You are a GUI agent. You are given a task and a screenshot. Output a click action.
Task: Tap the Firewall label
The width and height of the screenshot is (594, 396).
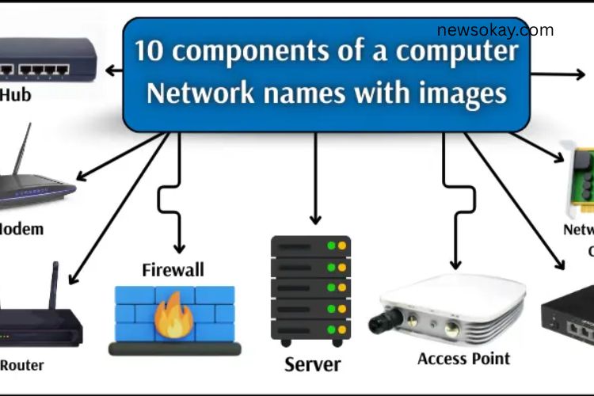point(173,269)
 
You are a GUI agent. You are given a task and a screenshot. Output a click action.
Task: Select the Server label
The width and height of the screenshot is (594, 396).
point(313,364)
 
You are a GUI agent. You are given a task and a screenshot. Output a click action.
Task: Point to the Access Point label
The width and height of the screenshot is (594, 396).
point(463,358)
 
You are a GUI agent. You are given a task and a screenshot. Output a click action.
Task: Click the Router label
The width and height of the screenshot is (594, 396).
point(22,365)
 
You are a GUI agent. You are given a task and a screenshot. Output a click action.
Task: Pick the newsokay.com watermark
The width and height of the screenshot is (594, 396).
point(495,31)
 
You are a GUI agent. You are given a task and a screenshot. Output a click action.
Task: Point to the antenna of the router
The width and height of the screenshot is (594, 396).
point(55,285)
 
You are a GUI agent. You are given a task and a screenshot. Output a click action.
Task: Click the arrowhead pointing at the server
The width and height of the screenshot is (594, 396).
point(315,219)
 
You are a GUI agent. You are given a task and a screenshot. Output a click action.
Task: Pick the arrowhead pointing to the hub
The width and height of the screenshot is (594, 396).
point(110,70)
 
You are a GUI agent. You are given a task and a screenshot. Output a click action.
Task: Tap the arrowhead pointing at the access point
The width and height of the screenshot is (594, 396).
point(455,265)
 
